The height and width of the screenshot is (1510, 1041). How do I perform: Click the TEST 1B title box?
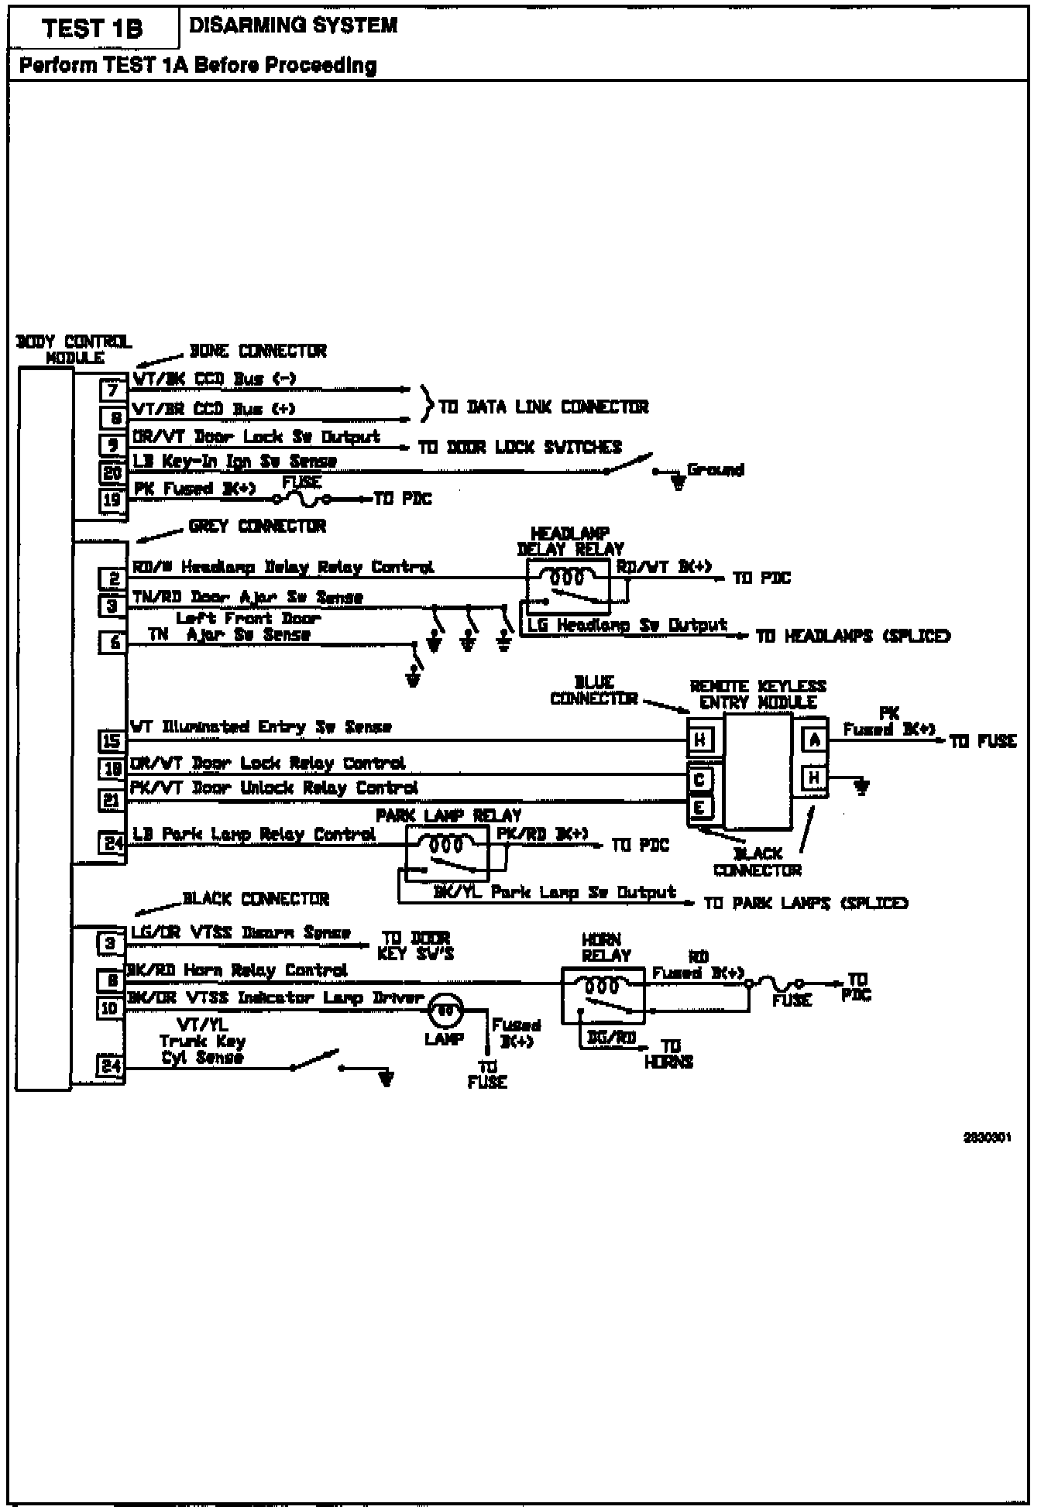point(93,29)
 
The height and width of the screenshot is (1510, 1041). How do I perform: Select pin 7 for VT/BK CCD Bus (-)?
point(112,390)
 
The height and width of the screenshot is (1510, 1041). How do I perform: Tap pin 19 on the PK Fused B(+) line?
point(112,500)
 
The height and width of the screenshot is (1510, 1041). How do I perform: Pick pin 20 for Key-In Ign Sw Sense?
point(112,472)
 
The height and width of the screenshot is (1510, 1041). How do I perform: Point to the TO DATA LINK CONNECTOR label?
point(543,407)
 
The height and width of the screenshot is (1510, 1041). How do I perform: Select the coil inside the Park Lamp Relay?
point(446,843)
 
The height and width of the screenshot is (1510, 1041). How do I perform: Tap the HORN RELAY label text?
point(606,947)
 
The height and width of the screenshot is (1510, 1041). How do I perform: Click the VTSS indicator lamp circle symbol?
point(445,1010)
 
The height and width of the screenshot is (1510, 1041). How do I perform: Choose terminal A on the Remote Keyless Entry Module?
point(814,740)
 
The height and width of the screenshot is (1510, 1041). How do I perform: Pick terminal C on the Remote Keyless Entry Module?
point(699,779)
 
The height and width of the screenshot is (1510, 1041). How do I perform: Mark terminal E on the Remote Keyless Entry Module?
point(699,808)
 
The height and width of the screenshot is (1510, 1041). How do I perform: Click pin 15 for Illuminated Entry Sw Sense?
point(112,741)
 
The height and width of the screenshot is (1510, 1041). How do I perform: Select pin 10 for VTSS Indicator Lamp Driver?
point(110,1008)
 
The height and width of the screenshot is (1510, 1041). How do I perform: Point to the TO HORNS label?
point(668,1054)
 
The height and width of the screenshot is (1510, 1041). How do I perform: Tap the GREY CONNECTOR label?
point(257,527)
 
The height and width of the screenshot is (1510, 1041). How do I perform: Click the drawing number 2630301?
point(987,1138)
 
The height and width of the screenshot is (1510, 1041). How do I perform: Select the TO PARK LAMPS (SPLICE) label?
point(806,903)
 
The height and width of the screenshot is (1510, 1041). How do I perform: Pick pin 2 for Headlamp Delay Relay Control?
point(112,578)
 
